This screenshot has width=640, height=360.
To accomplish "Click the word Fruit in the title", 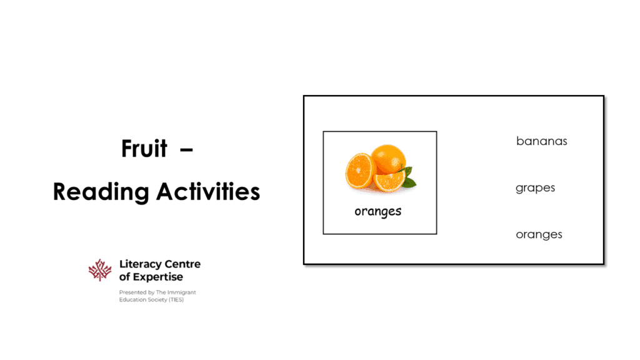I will click(x=144, y=149).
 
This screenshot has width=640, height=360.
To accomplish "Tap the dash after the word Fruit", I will click(x=186, y=149).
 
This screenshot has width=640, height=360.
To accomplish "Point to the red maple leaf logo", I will click(x=100, y=270).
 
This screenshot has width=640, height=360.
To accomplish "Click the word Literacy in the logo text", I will click(x=139, y=264).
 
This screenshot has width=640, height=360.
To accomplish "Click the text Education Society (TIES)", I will click(x=151, y=299).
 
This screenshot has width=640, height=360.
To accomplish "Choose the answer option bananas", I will click(x=541, y=141).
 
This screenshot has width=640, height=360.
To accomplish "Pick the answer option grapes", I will click(x=535, y=188).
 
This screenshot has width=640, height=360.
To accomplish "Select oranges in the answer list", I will click(x=539, y=235).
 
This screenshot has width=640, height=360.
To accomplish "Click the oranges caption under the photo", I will click(x=377, y=211).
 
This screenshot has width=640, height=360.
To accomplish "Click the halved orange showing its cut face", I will click(x=359, y=171).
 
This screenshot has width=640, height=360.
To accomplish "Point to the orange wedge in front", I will click(x=389, y=181).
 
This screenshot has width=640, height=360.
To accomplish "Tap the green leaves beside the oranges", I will click(x=408, y=177).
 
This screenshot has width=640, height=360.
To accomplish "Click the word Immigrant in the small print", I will click(x=181, y=292).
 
